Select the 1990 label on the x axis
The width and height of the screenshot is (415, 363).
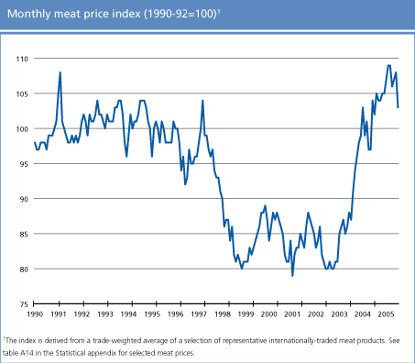35,314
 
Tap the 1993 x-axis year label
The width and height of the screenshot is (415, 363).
104,314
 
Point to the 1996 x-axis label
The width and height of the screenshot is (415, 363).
175,314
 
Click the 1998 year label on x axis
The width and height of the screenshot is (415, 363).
222,314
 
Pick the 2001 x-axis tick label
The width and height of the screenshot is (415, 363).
292,314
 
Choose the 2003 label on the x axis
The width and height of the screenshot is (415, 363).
339,314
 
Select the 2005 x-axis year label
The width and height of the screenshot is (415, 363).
386,314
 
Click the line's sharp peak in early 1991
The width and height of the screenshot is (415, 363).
60,72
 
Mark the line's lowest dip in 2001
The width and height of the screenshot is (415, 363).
292,275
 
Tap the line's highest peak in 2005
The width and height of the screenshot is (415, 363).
389,65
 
